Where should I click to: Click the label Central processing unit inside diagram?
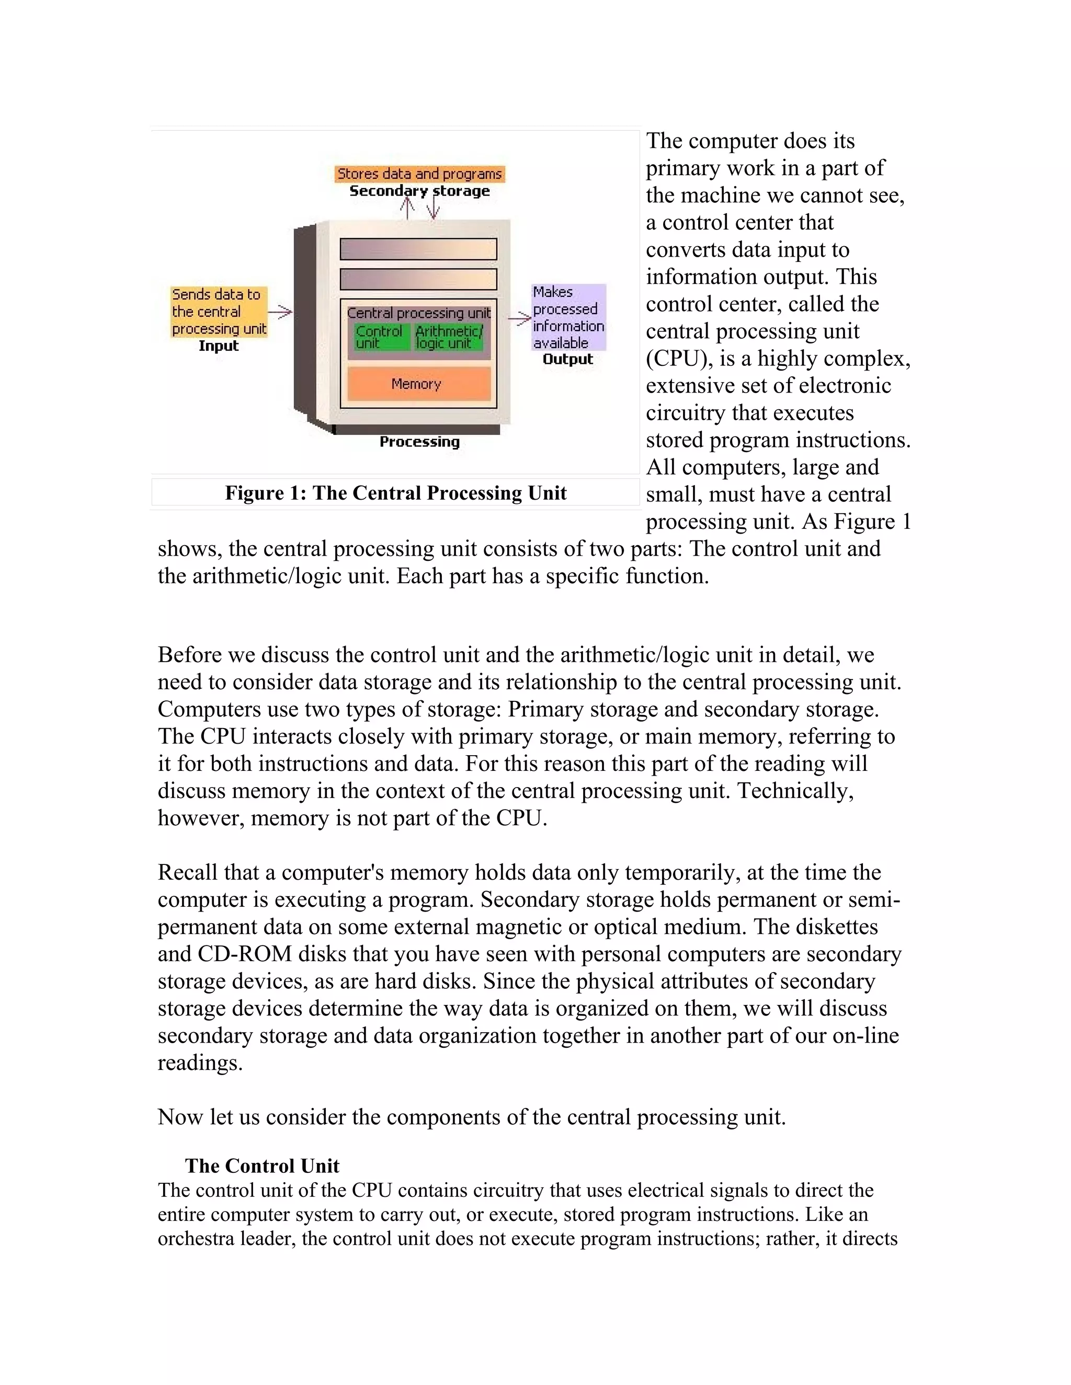pyautogui.click(x=419, y=313)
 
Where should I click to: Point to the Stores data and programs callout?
pyautogui.click(x=419, y=174)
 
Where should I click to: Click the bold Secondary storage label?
pyautogui.click(x=419, y=191)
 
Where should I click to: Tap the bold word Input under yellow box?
pyautogui.click(x=218, y=346)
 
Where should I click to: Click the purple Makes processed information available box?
pyautogui.click(x=568, y=317)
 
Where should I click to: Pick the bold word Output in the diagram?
pyautogui.click(x=567, y=360)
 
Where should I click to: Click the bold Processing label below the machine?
pyautogui.click(x=419, y=442)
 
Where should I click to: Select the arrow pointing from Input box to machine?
pyautogui.click(x=280, y=311)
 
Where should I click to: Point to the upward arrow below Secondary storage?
pyautogui.click(x=408, y=207)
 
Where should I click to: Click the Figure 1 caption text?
pyautogui.click(x=395, y=493)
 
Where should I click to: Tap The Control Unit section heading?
pyautogui.click(x=262, y=1165)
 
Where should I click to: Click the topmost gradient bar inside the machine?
pyautogui.click(x=418, y=249)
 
